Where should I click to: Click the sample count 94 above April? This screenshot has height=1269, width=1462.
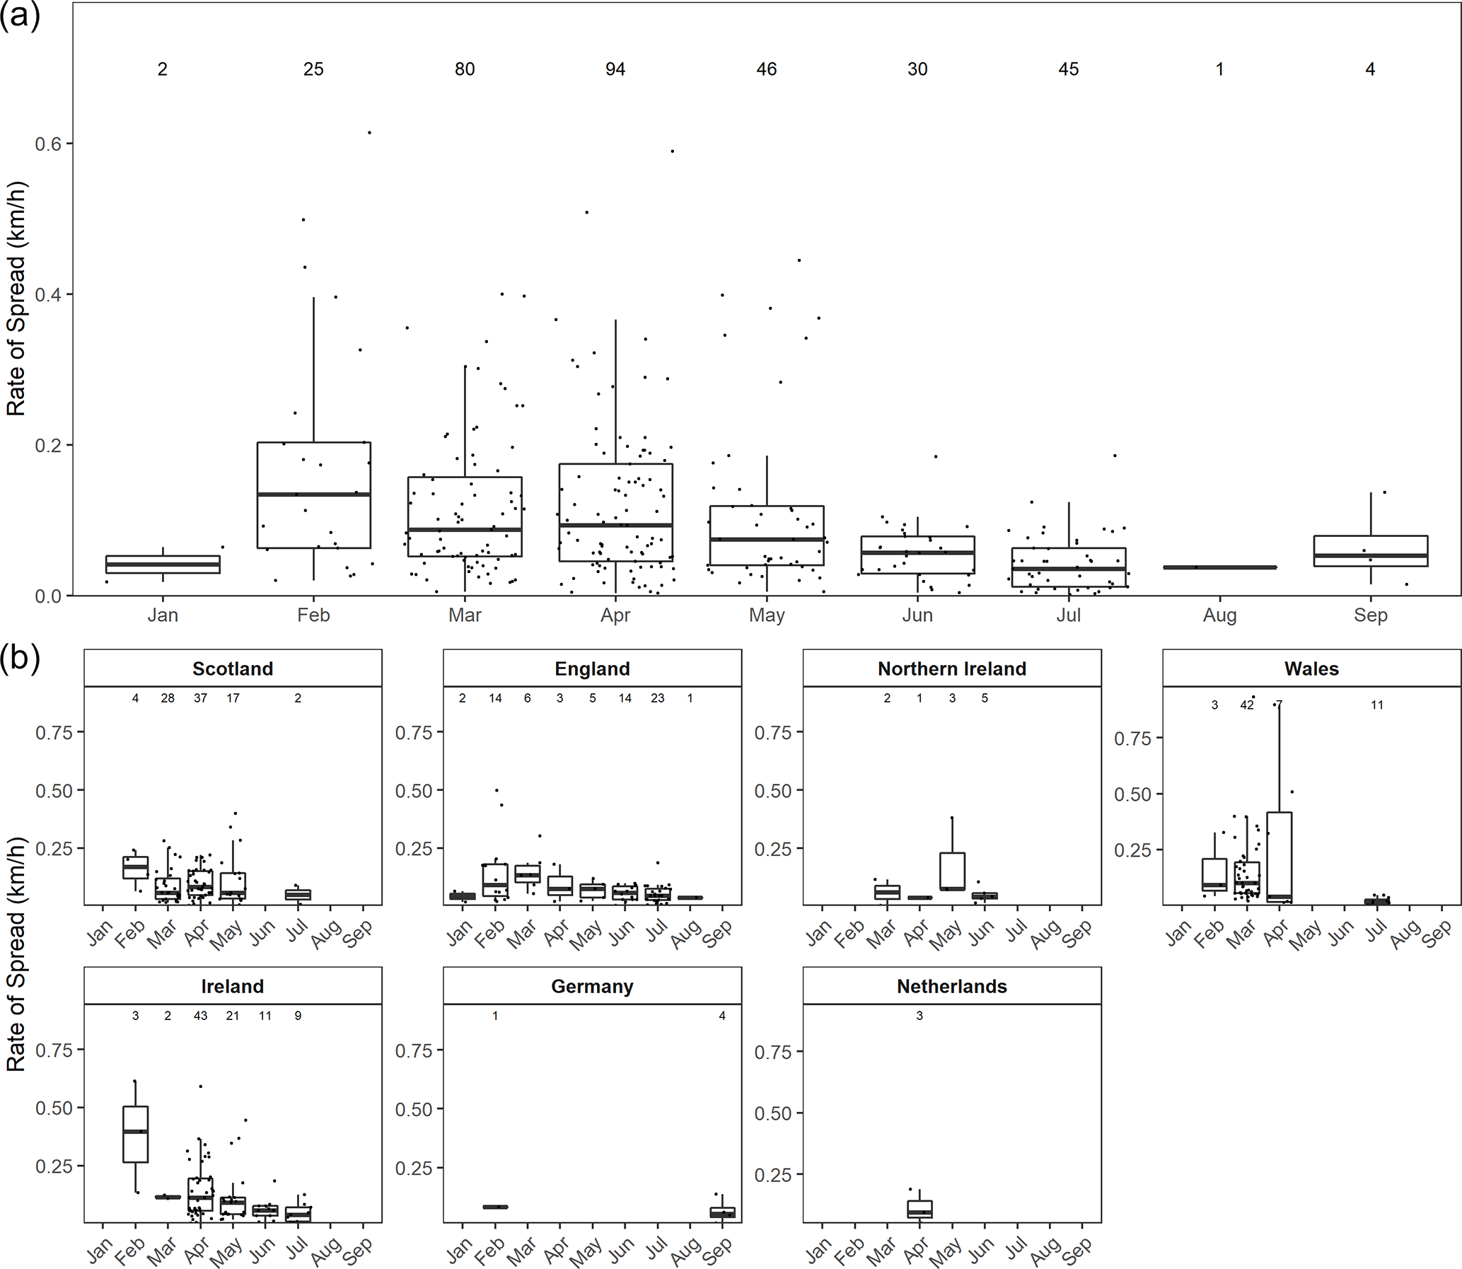[615, 69]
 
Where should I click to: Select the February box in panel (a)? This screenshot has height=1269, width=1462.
[313, 495]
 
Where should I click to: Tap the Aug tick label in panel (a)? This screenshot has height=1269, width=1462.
[1219, 615]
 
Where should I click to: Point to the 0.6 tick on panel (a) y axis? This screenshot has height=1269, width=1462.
[49, 144]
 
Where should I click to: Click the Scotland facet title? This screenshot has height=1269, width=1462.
[232, 669]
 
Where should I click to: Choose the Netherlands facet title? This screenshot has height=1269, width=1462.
[951, 987]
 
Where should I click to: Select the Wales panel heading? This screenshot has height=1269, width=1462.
[1311, 669]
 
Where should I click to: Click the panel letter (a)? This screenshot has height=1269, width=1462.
[20, 16]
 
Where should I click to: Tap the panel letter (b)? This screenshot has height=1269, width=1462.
[20, 659]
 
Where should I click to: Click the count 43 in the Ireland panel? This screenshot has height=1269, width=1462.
[200, 1016]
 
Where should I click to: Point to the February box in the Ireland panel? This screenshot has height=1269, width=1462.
[135, 1134]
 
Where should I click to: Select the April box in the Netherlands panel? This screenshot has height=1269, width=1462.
[919, 1209]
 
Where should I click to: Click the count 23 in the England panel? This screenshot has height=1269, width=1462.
[658, 698]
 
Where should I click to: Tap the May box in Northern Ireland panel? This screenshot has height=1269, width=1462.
[952, 871]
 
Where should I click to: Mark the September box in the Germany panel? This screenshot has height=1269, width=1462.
[722, 1212]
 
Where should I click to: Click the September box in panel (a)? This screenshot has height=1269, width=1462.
[1370, 551]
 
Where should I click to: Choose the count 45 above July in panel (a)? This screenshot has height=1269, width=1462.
[1068, 69]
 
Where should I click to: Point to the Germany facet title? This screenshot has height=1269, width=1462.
[592, 987]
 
